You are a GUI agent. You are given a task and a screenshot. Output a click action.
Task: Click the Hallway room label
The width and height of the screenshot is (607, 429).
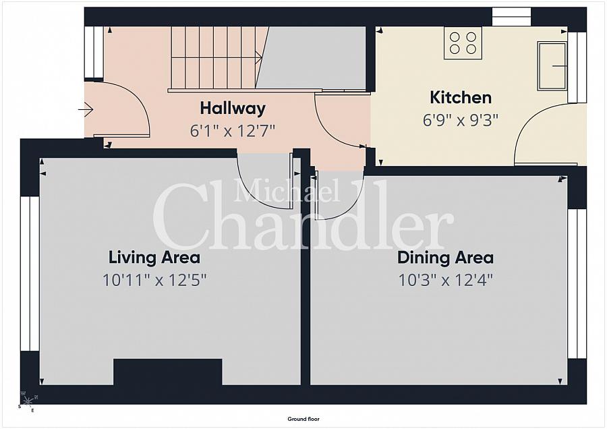click(233, 109)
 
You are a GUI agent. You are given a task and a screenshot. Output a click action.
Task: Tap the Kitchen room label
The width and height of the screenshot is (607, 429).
click(461, 97)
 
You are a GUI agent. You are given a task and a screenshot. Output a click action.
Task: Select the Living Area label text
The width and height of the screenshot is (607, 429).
click(154, 258)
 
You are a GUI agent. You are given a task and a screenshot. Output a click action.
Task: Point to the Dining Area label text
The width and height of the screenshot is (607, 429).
click(445, 258)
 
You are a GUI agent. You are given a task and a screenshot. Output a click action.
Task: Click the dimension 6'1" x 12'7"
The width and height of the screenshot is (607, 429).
click(232, 131)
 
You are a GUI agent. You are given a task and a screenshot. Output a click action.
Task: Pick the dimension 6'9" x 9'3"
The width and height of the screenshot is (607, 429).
click(460, 121)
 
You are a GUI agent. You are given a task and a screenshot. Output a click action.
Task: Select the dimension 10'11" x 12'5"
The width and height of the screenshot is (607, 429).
click(154, 279)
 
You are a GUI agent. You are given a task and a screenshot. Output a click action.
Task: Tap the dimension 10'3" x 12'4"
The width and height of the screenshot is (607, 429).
click(445, 279)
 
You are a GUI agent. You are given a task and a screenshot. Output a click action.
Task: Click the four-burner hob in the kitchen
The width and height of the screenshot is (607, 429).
click(463, 43)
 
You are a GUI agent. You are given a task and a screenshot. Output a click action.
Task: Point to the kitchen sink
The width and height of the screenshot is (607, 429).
click(552, 66)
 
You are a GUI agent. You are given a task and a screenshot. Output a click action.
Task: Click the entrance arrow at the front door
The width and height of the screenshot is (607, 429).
click(86, 110)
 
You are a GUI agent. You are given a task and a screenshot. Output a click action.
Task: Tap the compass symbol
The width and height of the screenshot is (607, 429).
click(28, 402)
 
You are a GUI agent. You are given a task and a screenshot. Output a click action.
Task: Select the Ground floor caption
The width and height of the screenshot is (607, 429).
click(303, 419)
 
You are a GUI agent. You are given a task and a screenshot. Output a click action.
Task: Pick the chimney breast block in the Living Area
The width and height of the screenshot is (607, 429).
click(168, 372)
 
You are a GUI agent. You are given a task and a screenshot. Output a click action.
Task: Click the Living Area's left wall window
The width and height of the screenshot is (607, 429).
click(30, 274)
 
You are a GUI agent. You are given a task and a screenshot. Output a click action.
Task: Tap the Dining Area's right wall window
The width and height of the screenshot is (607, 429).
click(577, 284)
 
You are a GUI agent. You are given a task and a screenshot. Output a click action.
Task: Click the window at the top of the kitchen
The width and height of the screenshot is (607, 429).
click(511, 17)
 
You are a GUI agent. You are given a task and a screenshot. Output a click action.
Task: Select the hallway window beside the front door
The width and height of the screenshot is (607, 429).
click(94, 52)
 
